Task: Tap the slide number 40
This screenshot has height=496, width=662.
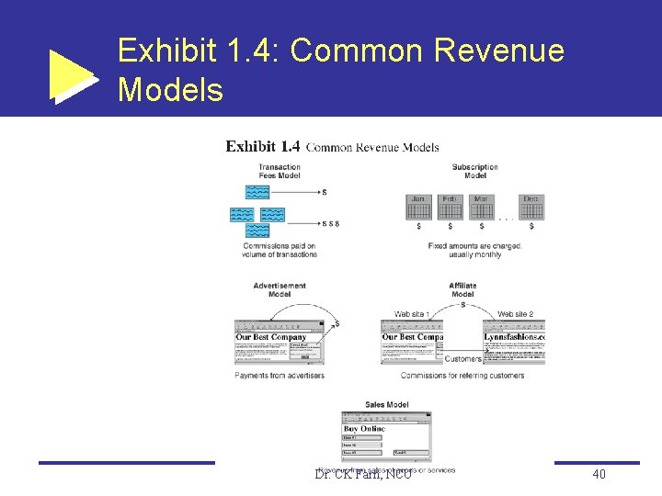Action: (x=599, y=474)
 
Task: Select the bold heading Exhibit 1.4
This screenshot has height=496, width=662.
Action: (x=263, y=146)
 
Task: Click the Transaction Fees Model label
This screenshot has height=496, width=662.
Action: (x=280, y=172)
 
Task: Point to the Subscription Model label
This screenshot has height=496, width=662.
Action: (x=475, y=171)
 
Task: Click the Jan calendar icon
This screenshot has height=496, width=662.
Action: (x=418, y=207)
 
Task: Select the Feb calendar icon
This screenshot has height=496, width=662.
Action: (x=450, y=207)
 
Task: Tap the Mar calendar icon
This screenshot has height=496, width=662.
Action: (x=481, y=207)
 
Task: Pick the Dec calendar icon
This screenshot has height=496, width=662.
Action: (x=531, y=207)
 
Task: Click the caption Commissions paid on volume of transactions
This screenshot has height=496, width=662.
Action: (x=280, y=250)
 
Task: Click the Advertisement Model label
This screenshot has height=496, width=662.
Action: (x=280, y=289)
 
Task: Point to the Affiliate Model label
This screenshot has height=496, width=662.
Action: (x=462, y=289)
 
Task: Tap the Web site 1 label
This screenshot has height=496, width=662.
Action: (x=412, y=314)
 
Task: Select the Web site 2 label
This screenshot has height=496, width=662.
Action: (x=515, y=314)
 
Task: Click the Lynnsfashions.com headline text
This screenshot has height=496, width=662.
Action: (x=514, y=337)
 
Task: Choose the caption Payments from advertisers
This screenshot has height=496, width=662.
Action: (x=280, y=375)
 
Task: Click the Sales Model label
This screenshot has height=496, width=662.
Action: (x=386, y=404)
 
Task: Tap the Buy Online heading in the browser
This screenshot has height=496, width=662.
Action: (x=365, y=428)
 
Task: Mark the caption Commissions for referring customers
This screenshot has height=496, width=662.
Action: (x=462, y=375)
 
